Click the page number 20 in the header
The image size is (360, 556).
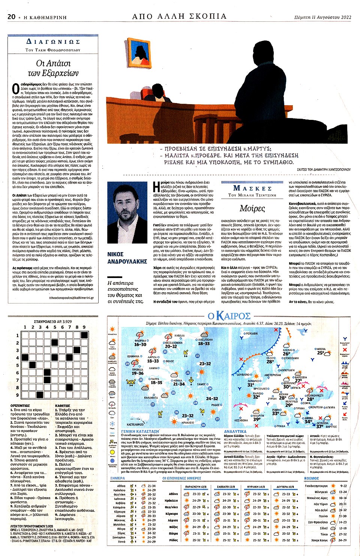(x=11, y=17)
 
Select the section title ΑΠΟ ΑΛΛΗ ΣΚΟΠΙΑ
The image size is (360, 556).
(x=179, y=16)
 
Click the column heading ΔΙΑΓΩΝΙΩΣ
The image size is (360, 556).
(x=53, y=42)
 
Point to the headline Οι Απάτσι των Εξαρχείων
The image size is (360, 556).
(x=53, y=68)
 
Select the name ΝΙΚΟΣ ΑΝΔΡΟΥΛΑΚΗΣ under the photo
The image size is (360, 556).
(x=127, y=258)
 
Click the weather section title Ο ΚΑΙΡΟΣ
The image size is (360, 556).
(x=229, y=316)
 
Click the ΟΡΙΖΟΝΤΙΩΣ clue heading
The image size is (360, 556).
(x=20, y=405)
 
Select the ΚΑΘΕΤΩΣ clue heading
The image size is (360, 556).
(x=63, y=405)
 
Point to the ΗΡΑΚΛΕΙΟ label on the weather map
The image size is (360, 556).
(x=188, y=423)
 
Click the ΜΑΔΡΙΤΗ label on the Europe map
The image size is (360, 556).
(x=258, y=416)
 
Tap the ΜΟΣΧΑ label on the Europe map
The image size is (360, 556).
(x=321, y=349)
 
